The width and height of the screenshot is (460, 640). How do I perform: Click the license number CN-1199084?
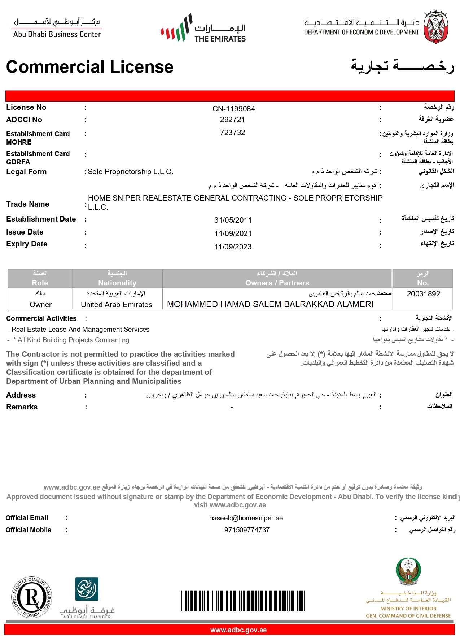tap(233, 109)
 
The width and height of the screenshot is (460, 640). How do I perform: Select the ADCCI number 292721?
tap(232, 120)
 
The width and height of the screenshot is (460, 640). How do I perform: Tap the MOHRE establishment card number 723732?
tap(232, 133)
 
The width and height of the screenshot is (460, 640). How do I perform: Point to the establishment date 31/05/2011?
tap(233, 220)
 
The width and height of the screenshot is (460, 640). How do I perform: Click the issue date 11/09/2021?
tap(233, 233)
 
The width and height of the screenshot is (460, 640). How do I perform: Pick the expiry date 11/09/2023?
tap(233, 247)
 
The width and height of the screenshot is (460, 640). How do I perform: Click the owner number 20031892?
tap(423, 294)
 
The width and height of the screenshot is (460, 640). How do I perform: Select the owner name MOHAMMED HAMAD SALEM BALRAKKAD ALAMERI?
tap(270, 304)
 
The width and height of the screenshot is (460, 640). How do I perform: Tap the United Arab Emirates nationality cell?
tap(117, 305)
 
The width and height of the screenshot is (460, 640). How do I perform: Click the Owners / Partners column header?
tap(277, 283)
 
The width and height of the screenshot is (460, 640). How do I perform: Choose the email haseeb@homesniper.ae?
tap(246, 518)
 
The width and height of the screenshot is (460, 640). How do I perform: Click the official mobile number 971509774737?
tap(247, 530)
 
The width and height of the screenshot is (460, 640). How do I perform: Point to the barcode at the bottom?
tap(242, 601)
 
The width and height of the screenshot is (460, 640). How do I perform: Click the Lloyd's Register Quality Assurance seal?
tap(32, 597)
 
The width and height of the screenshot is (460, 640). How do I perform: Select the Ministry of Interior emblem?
tap(408, 571)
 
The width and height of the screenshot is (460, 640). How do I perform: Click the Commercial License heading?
tap(90, 67)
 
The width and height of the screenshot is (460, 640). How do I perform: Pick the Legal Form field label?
tap(26, 172)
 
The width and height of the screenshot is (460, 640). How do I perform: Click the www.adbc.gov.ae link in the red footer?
tap(238, 630)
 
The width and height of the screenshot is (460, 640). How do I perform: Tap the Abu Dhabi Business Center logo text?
tap(57, 34)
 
